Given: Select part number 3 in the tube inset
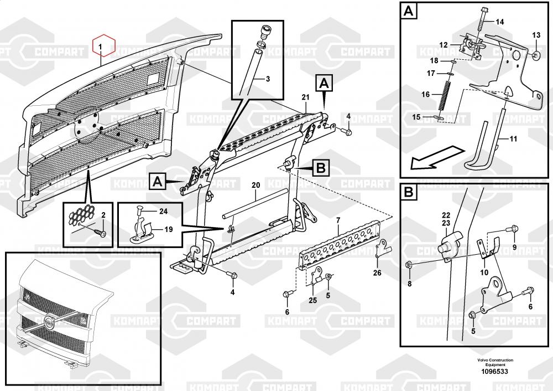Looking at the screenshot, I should click(268, 79).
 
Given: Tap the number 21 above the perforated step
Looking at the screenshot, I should click(304, 97).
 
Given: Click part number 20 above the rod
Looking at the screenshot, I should click(255, 184).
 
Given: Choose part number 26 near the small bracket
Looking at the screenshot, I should click(377, 272).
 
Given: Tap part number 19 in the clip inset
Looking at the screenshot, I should click(168, 228).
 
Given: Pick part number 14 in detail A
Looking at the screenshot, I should click(500, 22).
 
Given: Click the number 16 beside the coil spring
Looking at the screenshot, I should click(425, 94).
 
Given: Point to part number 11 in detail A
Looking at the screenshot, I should click(513, 139).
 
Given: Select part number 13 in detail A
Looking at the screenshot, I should click(536, 35).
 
